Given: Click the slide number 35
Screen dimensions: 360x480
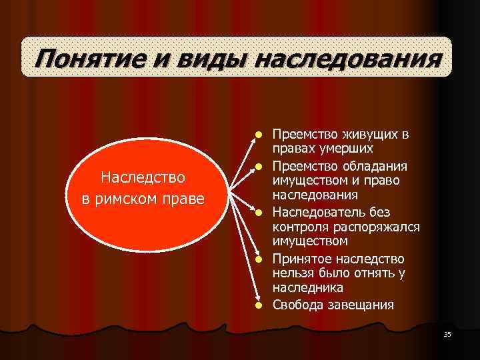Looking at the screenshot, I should point(447,334).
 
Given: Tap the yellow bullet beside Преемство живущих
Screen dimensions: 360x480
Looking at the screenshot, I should point(257,135).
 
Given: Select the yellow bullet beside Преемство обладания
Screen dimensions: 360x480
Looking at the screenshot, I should point(257,165).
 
